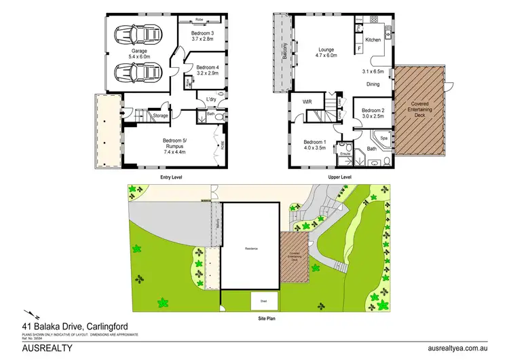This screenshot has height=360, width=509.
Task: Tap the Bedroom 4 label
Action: pos(207,70)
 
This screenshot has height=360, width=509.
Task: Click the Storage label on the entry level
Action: pos(160,116)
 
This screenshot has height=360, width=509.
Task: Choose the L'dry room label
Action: pos(211,100)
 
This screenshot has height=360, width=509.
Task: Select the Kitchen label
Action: pos(373,40)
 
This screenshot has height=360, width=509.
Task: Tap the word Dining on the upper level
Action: pos(373,84)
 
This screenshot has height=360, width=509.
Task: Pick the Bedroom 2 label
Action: pos(373,113)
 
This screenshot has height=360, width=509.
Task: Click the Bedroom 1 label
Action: pos(316,145)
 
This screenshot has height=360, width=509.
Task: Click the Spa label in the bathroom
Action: pos(383,138)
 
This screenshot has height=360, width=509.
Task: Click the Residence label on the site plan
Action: pos(252,248)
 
